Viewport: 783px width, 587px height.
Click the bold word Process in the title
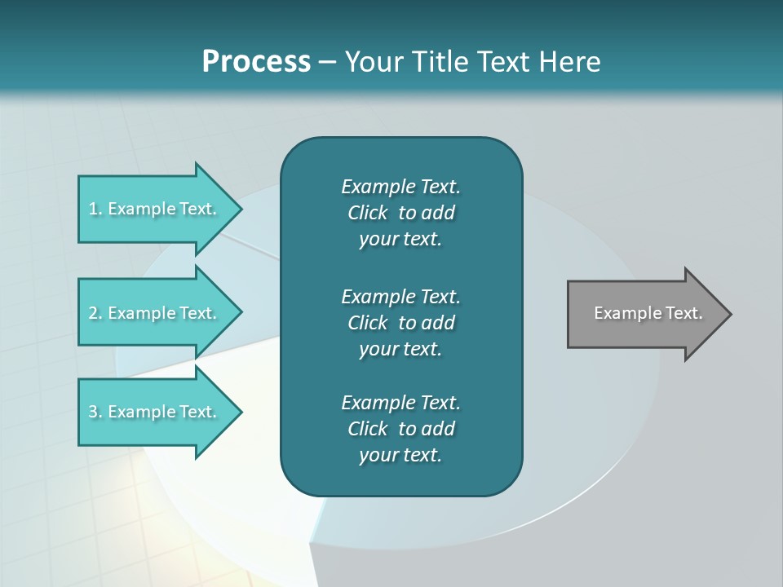[256, 61]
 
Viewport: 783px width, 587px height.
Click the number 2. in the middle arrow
[95, 313]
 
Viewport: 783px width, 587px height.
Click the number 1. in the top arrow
[95, 209]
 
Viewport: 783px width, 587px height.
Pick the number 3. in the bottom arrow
[95, 412]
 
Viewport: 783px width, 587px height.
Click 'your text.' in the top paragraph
[400, 239]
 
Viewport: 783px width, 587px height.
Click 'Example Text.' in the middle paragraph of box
[400, 296]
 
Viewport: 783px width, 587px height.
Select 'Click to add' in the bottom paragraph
[400, 429]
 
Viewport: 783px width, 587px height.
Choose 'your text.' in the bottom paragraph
[400, 455]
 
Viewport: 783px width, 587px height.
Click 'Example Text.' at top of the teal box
[400, 187]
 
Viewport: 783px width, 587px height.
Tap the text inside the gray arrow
[648, 313]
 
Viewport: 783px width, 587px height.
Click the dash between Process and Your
[328, 62]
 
